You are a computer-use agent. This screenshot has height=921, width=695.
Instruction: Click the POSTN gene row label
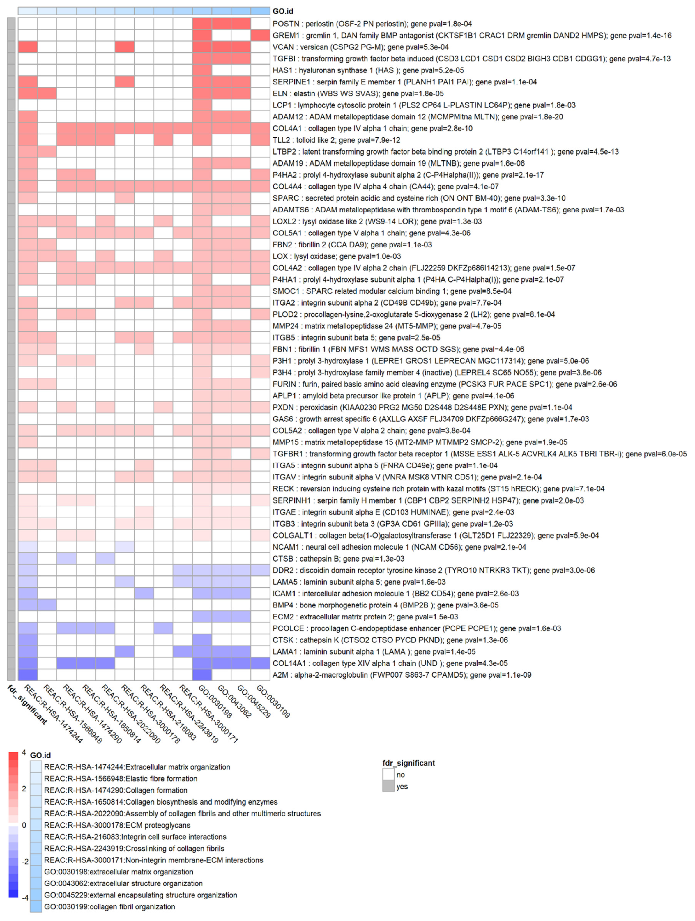[x=372, y=24]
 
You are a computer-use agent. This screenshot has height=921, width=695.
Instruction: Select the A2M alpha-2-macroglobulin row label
[x=402, y=675]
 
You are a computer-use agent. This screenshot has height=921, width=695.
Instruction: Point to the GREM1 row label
[x=471, y=36]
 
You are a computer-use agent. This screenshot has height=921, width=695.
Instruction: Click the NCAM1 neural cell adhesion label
[x=399, y=547]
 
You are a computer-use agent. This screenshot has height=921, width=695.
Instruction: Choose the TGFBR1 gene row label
[x=479, y=454]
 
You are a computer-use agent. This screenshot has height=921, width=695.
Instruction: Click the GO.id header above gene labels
[x=283, y=11]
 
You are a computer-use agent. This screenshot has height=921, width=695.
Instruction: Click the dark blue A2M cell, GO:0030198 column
[x=202, y=675]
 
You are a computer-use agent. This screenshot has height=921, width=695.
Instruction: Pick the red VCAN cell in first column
[x=28, y=47]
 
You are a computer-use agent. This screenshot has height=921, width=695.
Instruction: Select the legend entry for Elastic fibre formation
[x=120, y=779]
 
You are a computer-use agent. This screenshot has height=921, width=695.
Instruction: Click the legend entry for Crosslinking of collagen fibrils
[x=134, y=849]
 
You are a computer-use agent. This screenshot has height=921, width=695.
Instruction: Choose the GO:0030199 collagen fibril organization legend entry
[x=109, y=907]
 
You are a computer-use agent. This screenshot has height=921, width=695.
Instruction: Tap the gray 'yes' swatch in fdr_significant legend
[x=388, y=787]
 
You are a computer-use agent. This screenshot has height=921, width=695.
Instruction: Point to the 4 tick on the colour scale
[x=24, y=753]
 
